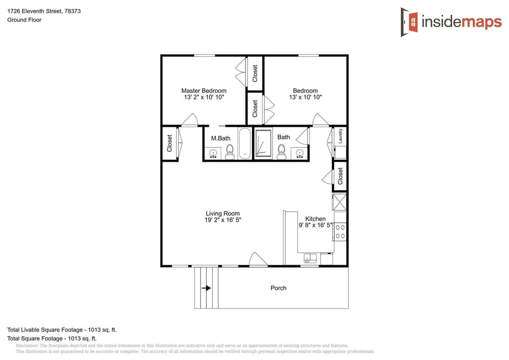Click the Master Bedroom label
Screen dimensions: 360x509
204,91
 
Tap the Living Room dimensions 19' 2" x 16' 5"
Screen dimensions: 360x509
223,220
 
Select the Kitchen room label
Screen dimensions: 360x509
315,218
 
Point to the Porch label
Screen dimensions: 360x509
278,288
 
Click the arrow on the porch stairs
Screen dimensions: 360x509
206,288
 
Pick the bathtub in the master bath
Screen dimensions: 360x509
245,143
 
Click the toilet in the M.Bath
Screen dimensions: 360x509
230,154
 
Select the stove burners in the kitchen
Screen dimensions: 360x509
340,231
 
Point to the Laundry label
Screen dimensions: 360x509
340,136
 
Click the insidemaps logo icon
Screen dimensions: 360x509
409,22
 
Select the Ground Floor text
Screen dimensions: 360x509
24,20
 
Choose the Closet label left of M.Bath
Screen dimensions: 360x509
170,143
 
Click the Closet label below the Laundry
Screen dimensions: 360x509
340,175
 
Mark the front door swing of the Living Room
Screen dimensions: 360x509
259,259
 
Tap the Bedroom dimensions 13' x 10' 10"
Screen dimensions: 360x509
305,98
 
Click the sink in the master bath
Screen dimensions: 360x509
213,154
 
